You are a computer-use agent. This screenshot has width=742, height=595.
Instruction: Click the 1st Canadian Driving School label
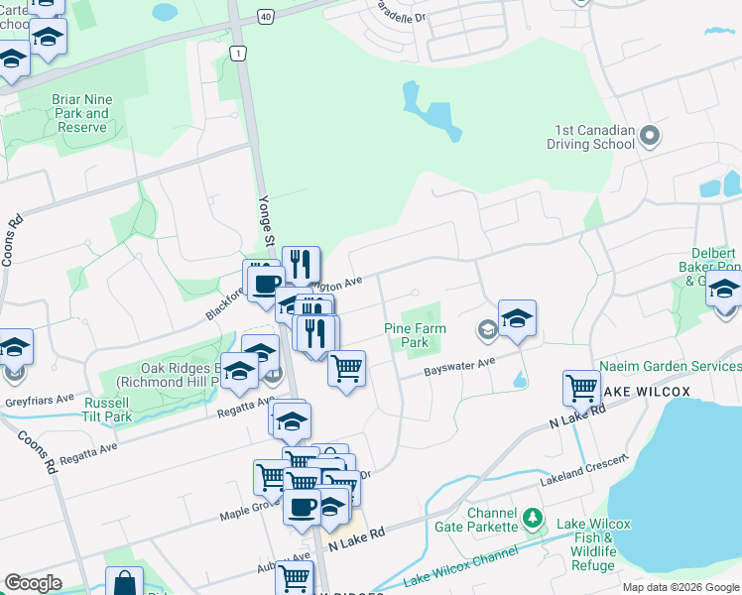coord(590,137)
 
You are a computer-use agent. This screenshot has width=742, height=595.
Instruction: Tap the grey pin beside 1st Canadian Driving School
coord(651,135)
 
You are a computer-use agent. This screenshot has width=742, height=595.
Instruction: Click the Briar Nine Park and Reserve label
coord(81,113)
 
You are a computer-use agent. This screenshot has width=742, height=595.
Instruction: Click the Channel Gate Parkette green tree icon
coord(533,518)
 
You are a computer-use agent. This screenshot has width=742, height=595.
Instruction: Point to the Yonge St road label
coord(267,219)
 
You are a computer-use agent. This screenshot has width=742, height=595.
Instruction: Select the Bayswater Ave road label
coord(459,367)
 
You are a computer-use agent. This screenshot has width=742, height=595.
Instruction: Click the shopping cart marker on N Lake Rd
coord(580,389)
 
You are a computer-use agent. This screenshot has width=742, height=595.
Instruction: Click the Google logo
coord(33,583)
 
